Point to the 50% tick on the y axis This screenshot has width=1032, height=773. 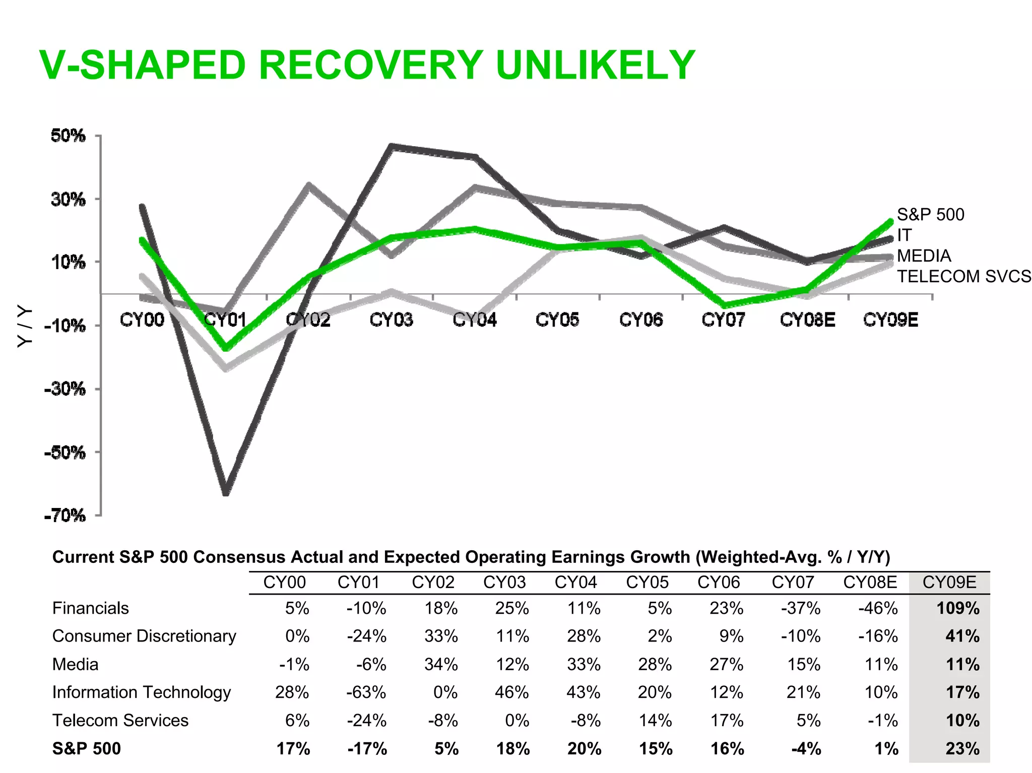[68, 136]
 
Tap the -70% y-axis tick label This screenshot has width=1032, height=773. [65, 516]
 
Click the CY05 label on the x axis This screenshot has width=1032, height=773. [557, 319]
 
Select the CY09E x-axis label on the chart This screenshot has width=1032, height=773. [890, 319]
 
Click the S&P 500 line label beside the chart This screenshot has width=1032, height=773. [930, 215]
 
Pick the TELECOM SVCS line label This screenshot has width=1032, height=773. [963, 277]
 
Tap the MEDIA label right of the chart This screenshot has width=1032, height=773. [924, 256]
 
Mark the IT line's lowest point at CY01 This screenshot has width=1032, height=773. [226, 492]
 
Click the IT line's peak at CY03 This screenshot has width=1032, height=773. [392, 147]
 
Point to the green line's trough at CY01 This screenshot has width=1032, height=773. [226, 348]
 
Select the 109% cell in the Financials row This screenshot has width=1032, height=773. [957, 608]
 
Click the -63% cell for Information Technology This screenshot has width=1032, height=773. [366, 692]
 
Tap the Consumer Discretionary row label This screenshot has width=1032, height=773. [144, 636]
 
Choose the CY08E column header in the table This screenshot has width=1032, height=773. [870, 583]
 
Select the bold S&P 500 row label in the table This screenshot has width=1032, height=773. [86, 749]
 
